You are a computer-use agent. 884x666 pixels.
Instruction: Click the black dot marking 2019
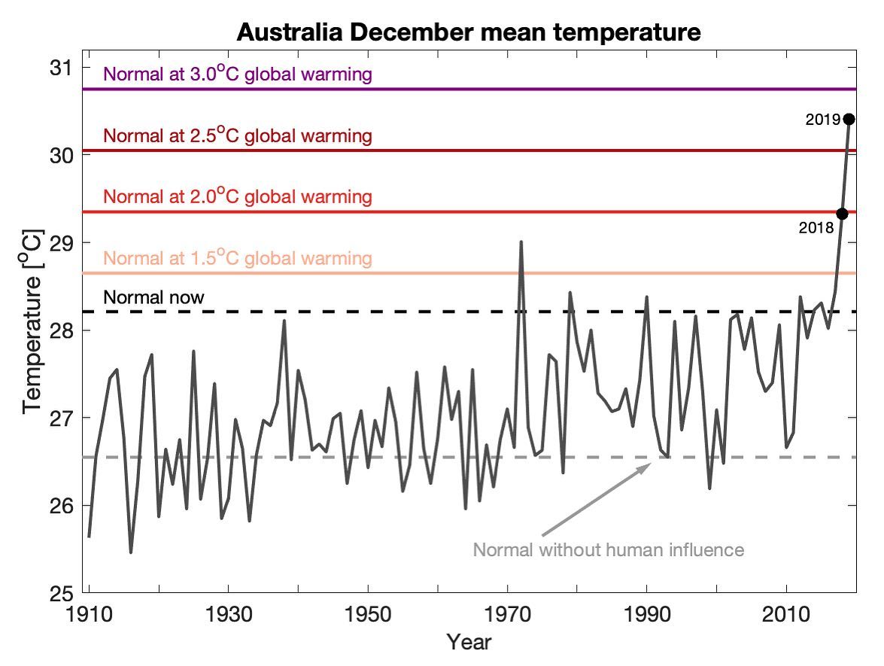[849, 119]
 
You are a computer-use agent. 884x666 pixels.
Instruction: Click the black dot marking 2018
[842, 214]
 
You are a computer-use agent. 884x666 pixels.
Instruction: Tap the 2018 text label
[816, 227]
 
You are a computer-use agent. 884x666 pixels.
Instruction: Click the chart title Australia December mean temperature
[469, 32]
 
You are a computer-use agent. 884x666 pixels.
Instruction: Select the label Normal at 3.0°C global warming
[238, 75]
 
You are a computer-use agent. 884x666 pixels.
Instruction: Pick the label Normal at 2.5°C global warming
[238, 136]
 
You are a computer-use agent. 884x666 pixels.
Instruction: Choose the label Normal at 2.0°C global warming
[238, 197]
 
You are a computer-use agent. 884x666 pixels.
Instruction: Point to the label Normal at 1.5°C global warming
[238, 259]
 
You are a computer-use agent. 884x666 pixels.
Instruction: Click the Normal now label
[153, 297]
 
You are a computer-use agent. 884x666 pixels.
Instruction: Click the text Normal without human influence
[608, 549]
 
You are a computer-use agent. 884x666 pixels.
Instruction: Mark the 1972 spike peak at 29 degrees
[521, 242]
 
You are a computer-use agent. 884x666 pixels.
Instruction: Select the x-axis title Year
[469, 642]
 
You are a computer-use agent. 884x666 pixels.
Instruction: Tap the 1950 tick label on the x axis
[368, 613]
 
